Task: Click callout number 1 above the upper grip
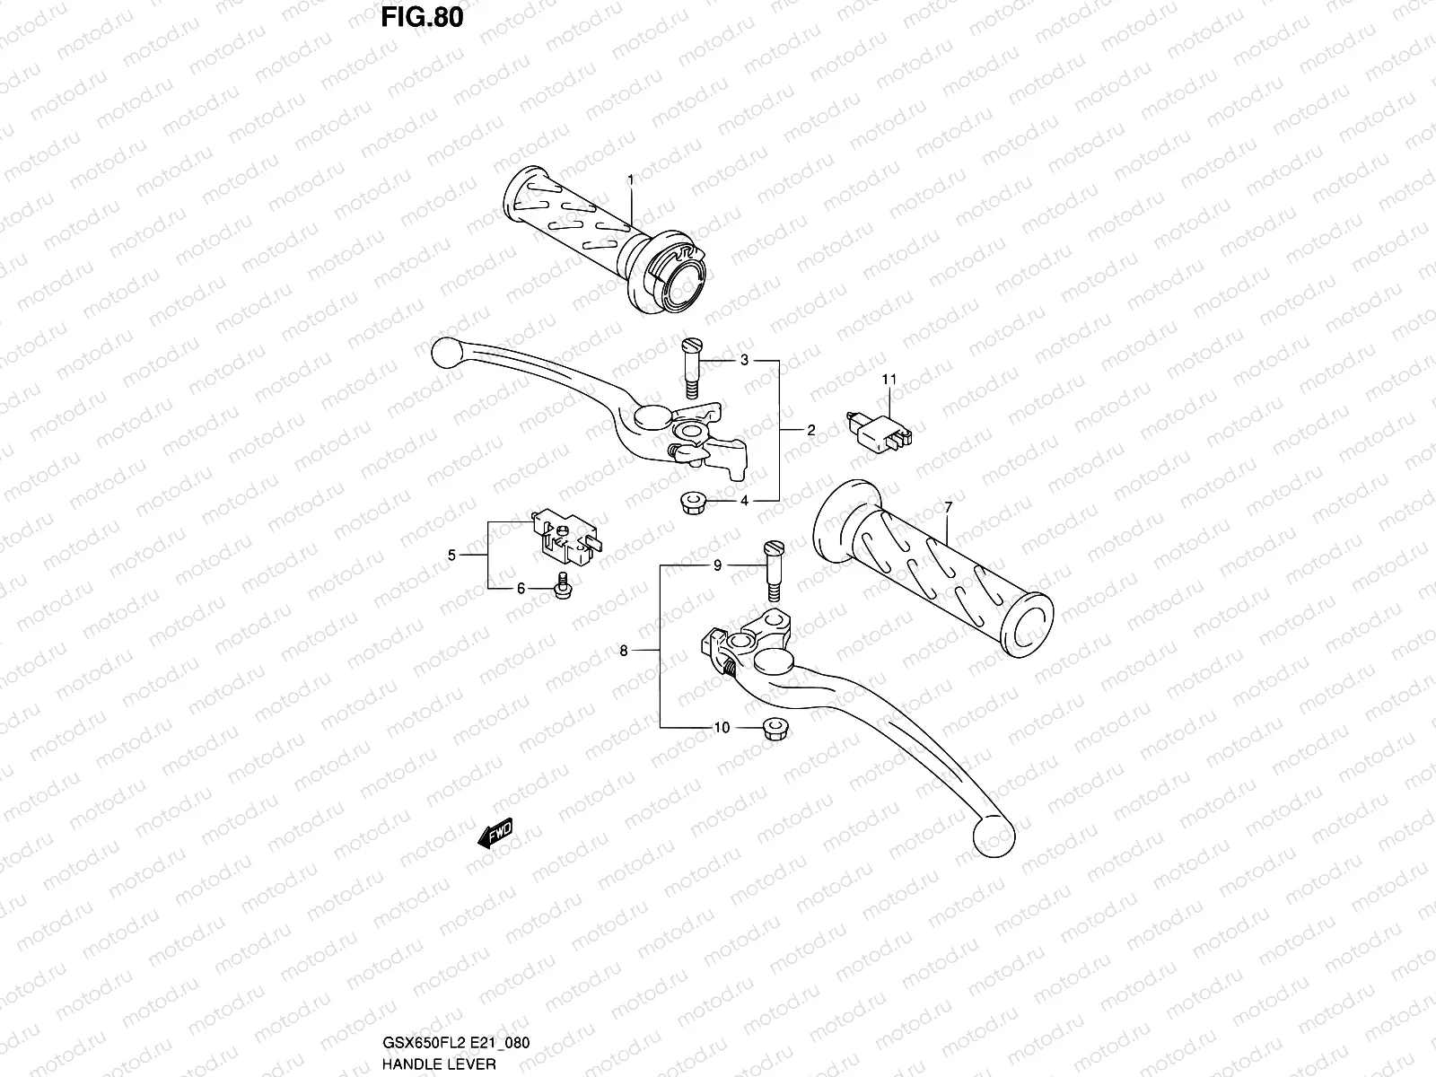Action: (630, 180)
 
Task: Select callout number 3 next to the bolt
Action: (744, 361)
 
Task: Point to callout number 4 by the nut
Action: (744, 501)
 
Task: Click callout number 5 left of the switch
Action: (452, 556)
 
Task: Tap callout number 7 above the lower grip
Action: (948, 508)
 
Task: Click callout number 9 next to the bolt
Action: (717, 565)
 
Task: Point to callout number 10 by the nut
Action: (722, 728)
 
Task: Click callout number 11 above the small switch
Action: (889, 380)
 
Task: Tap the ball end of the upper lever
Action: (445, 351)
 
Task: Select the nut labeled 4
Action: (691, 503)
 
